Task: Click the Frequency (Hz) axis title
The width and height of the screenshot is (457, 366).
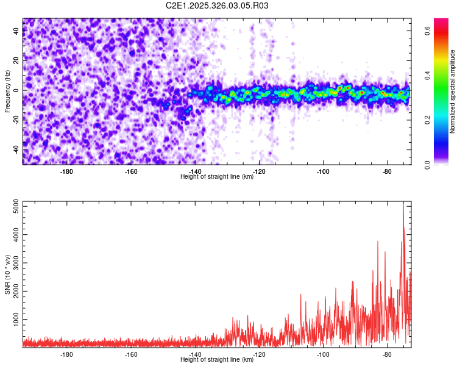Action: (x=8, y=91)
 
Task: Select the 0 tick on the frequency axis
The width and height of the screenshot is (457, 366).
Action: (x=18, y=90)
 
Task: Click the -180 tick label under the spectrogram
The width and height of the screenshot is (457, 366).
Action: (x=67, y=171)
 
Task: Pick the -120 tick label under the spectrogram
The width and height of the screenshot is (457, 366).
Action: (x=259, y=171)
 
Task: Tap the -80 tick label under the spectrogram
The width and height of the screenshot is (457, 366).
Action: (x=388, y=171)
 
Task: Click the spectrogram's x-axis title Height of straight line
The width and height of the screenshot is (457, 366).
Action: (x=217, y=177)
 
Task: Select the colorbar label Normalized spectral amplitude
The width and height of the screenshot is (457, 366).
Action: (x=453, y=91)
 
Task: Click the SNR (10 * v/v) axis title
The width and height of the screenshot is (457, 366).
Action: (x=8, y=274)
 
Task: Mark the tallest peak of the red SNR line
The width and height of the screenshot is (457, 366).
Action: (x=403, y=203)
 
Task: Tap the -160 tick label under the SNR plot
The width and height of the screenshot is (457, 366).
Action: (x=131, y=354)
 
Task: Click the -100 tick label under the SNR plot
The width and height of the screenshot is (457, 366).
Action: (x=323, y=354)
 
